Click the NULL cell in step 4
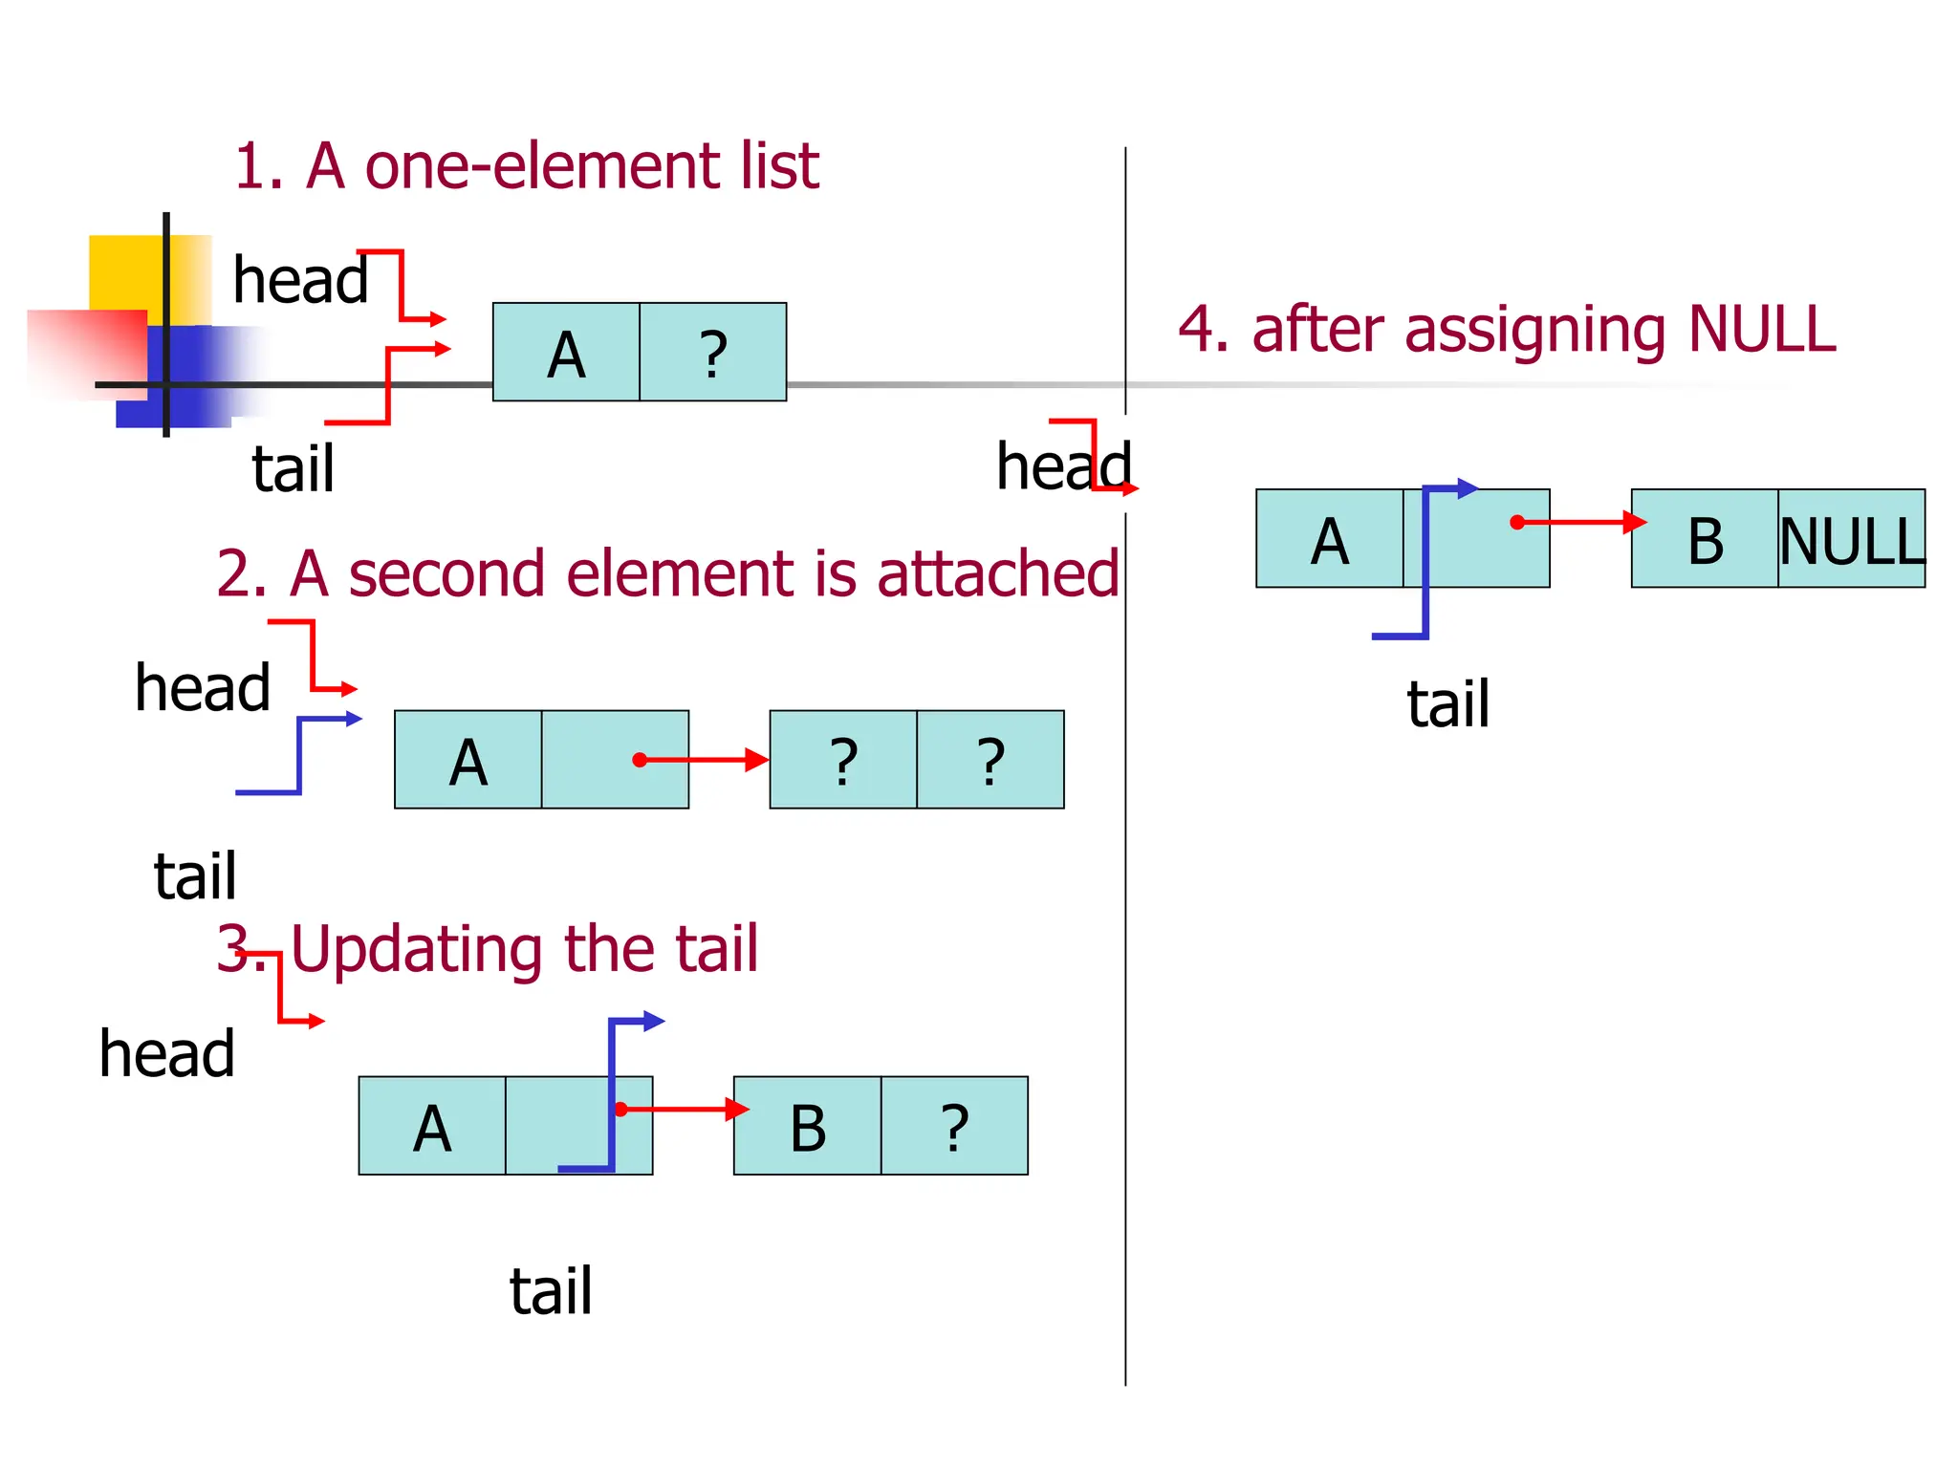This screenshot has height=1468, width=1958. pyautogui.click(x=1851, y=539)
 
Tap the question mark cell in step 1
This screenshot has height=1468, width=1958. pyautogui.click(x=712, y=353)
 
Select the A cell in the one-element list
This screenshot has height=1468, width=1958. pyautogui.click(x=566, y=353)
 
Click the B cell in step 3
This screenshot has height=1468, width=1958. pyautogui.click(x=807, y=1126)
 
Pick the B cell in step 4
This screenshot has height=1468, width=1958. pyautogui.click(x=1705, y=539)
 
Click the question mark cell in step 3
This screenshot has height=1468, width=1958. pyautogui.click(x=954, y=1126)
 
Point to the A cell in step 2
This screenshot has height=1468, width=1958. pyautogui.click(x=468, y=760)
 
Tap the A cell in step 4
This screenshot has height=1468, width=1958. pyautogui.click(x=1329, y=539)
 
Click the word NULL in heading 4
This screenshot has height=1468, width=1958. pyautogui.click(x=1762, y=329)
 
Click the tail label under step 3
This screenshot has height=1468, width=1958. pyautogui.click(x=551, y=1291)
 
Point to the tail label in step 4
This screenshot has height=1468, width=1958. pyautogui.click(x=1447, y=704)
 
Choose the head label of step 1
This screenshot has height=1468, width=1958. pyautogui.click(x=300, y=280)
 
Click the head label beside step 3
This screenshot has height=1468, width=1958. pyautogui.click(x=167, y=1053)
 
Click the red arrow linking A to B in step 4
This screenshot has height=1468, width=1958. pyautogui.click(x=1577, y=522)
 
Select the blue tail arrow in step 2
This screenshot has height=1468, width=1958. pyautogui.click(x=300, y=755)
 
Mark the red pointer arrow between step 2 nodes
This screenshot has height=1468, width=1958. pyautogui.click(x=703, y=760)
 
